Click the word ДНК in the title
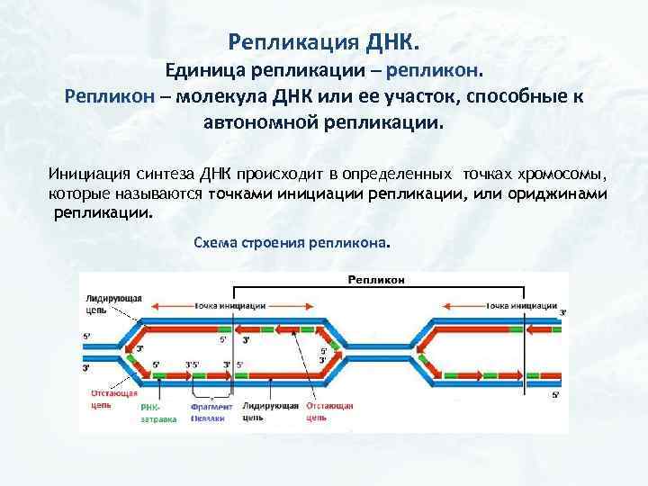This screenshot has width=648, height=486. (x=391, y=41)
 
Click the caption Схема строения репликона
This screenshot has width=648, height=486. (x=292, y=243)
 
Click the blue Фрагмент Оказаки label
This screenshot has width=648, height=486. (x=211, y=411)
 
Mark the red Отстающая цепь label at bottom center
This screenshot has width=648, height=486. (x=328, y=411)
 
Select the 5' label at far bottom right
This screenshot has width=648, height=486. (x=555, y=394)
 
